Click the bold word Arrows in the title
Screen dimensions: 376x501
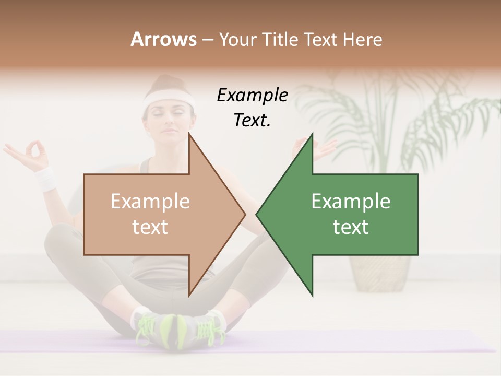click(163, 39)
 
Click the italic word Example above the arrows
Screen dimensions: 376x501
click(252, 96)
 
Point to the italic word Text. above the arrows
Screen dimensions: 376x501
click(252, 121)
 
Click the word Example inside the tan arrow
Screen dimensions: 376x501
click(150, 202)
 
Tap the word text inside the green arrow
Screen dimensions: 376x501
click(351, 227)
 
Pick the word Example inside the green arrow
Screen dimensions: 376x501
click(351, 202)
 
